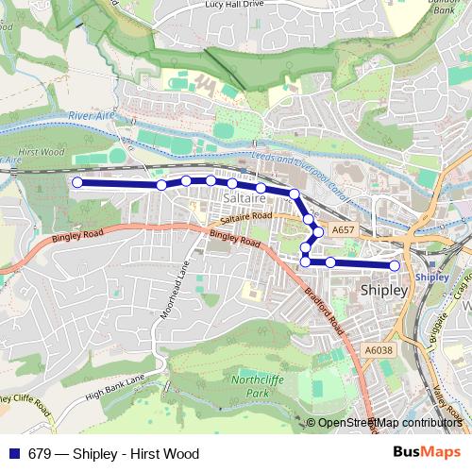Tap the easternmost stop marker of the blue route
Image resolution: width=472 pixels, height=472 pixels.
pyautogui.click(x=395, y=265)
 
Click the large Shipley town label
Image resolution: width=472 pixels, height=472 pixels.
pyautogui.click(x=384, y=291)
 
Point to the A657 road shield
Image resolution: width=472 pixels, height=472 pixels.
pyautogui.click(x=343, y=229)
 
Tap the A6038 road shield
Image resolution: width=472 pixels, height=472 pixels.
pyautogui.click(x=378, y=350)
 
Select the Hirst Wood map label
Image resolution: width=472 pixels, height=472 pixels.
pyautogui.click(x=41, y=151)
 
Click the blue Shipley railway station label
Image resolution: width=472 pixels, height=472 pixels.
pyautogui.click(x=431, y=277)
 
